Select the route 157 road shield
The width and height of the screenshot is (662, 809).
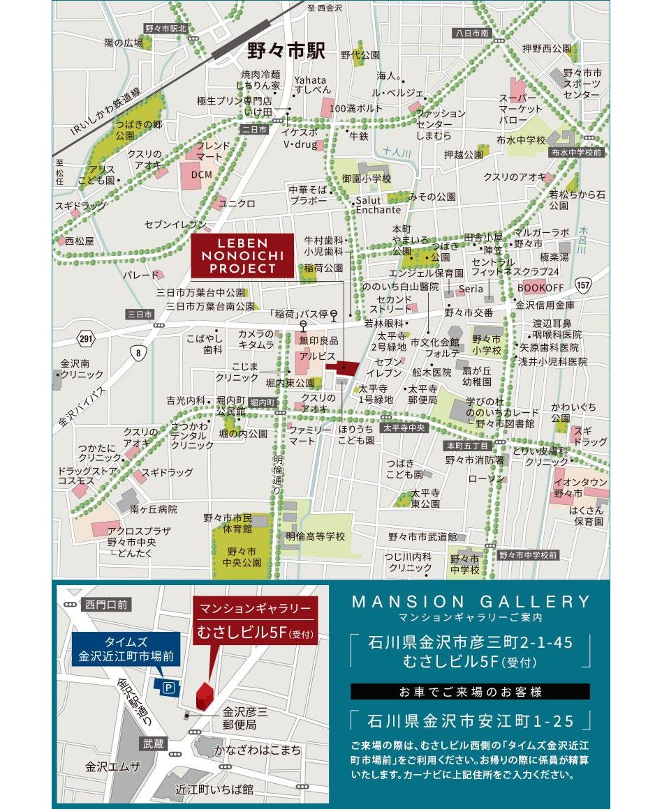pyautogui.click(x=584, y=285)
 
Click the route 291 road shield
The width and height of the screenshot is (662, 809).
pyautogui.click(x=85, y=338)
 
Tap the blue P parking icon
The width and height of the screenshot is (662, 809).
pyautogui.click(x=168, y=688)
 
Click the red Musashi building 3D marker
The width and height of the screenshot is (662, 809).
pyautogui.click(x=204, y=693)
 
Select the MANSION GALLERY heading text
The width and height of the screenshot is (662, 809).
pyautogui.click(x=471, y=602)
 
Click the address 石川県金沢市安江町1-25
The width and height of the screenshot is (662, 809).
pyautogui.click(x=471, y=719)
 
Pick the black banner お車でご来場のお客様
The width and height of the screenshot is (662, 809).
pyautogui.click(x=470, y=692)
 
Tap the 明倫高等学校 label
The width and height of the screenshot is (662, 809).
pyautogui.click(x=316, y=536)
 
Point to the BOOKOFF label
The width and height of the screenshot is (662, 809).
pyautogui.click(x=540, y=287)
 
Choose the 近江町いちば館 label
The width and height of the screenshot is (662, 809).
pyautogui.click(x=214, y=789)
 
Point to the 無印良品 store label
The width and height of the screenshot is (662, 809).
pyautogui.click(x=318, y=340)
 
